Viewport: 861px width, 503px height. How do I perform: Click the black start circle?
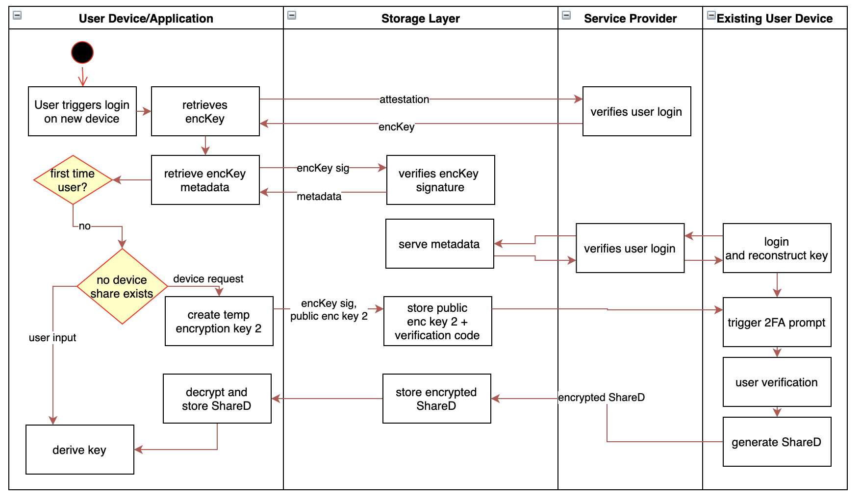pyautogui.click(x=82, y=52)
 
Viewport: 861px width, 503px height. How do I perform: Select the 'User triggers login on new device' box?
pyautogui.click(x=82, y=111)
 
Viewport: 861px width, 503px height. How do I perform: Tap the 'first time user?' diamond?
pyautogui.click(x=73, y=180)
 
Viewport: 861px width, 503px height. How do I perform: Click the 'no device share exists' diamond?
pyautogui.click(x=122, y=286)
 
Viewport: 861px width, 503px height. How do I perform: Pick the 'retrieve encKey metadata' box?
pyautogui.click(x=205, y=180)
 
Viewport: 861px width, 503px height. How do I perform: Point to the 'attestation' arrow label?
pyautogui.click(x=404, y=100)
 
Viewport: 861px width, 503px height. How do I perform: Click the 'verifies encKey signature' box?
pyautogui.click(x=440, y=180)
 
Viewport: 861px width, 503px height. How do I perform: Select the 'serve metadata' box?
pyautogui.click(x=439, y=244)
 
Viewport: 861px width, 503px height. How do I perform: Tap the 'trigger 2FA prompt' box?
pyautogui.click(x=777, y=322)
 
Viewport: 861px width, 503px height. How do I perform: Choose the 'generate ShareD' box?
pyautogui.click(x=777, y=442)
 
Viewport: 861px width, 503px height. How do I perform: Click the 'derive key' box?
pyautogui.click(x=79, y=450)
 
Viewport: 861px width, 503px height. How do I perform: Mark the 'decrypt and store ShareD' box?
pyautogui.click(x=217, y=399)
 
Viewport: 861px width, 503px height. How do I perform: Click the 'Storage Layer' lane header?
pyautogui.click(x=420, y=19)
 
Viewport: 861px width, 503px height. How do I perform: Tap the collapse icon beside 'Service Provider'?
pyautogui.click(x=566, y=15)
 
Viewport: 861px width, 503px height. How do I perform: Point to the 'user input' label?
pyautogui.click(x=52, y=338)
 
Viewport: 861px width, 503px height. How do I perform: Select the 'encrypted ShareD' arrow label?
pyautogui.click(x=601, y=398)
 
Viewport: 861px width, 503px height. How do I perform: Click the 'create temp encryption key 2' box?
pyautogui.click(x=219, y=321)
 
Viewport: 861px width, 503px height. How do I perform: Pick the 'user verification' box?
pyautogui.click(x=777, y=382)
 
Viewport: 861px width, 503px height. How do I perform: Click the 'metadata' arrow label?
pyautogui.click(x=319, y=197)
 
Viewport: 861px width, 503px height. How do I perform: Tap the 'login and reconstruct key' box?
pyautogui.click(x=777, y=248)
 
